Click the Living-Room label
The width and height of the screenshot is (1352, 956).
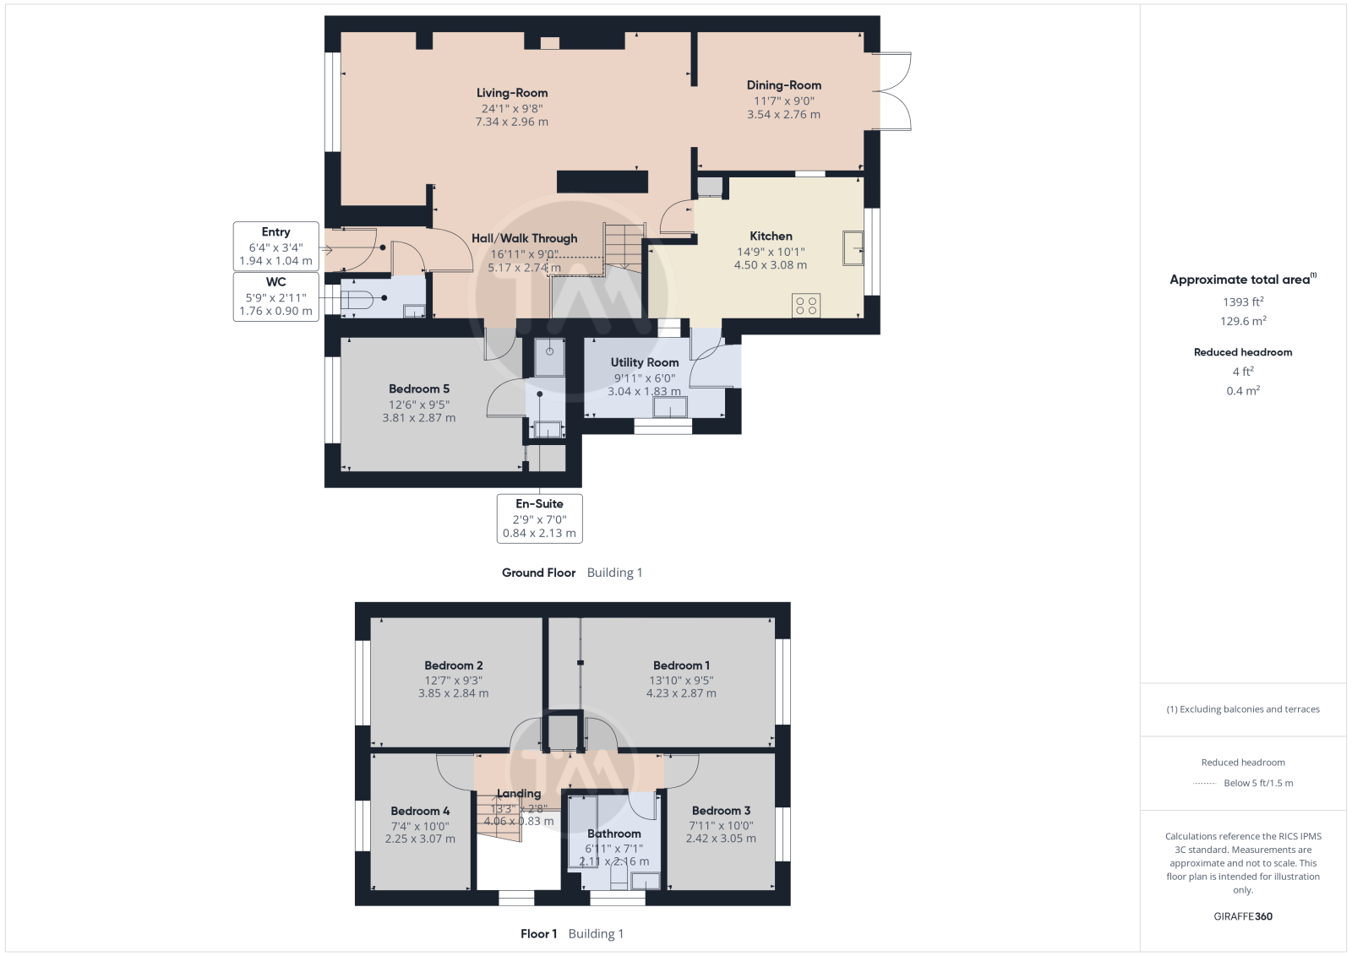coord(512,93)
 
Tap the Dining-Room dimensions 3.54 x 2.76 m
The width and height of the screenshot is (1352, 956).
coord(783,115)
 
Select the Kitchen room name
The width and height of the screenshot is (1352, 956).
coord(771,236)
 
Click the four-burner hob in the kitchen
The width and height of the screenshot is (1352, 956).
coord(806,305)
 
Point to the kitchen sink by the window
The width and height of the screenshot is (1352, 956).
coord(853,248)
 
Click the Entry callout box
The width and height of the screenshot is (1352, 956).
coord(275,246)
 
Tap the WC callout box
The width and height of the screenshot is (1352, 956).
coord(275,296)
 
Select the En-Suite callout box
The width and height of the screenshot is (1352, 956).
coord(540,519)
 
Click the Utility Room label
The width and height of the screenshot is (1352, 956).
coord(645,362)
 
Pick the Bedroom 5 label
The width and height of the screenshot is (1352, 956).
coord(419,389)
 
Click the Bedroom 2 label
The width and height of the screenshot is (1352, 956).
coord(453,665)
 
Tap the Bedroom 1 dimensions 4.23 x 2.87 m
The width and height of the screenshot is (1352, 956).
coord(681,693)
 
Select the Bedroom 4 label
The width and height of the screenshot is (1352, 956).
coord(420,812)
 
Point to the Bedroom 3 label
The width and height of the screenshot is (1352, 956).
coord(722,811)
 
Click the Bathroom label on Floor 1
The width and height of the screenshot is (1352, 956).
coord(613,834)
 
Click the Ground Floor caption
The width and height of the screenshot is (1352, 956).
coord(539,573)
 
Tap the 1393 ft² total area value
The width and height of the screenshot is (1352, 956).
coord(1243,301)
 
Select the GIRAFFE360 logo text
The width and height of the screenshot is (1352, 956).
coord(1243,916)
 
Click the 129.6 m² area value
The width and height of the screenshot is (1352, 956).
coord(1243,321)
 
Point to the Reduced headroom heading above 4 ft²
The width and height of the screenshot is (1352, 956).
coord(1243,352)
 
